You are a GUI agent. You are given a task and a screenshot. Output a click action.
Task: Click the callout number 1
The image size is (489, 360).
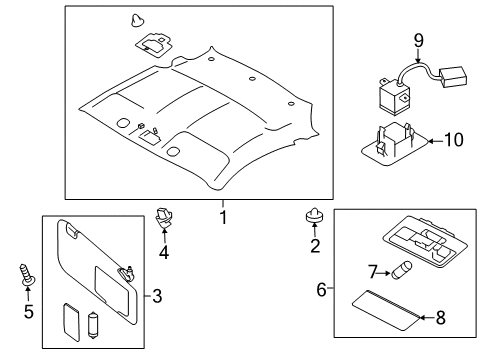223,215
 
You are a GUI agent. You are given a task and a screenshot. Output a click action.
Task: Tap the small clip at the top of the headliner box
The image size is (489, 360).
138,19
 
